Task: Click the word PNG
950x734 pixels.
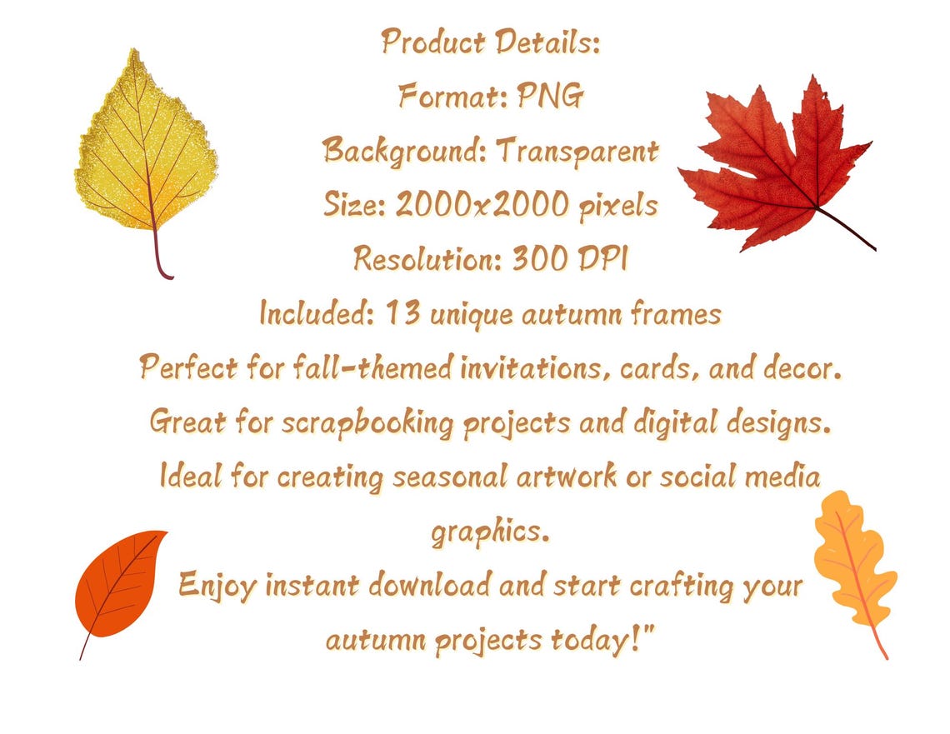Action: pyautogui.click(x=550, y=97)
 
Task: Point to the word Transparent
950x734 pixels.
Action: pyautogui.click(x=577, y=152)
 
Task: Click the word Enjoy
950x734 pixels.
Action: pyautogui.click(x=217, y=585)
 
